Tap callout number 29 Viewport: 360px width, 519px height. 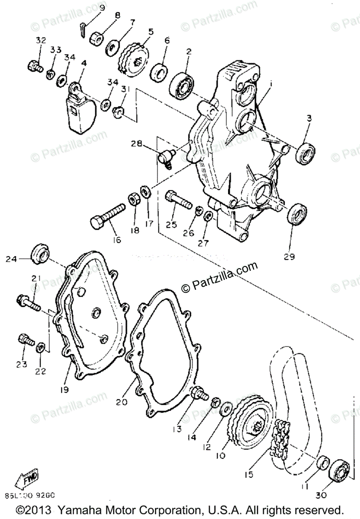[x=289, y=256]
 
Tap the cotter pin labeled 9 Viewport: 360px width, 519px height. [x=84, y=31]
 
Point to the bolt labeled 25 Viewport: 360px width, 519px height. [x=177, y=199]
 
